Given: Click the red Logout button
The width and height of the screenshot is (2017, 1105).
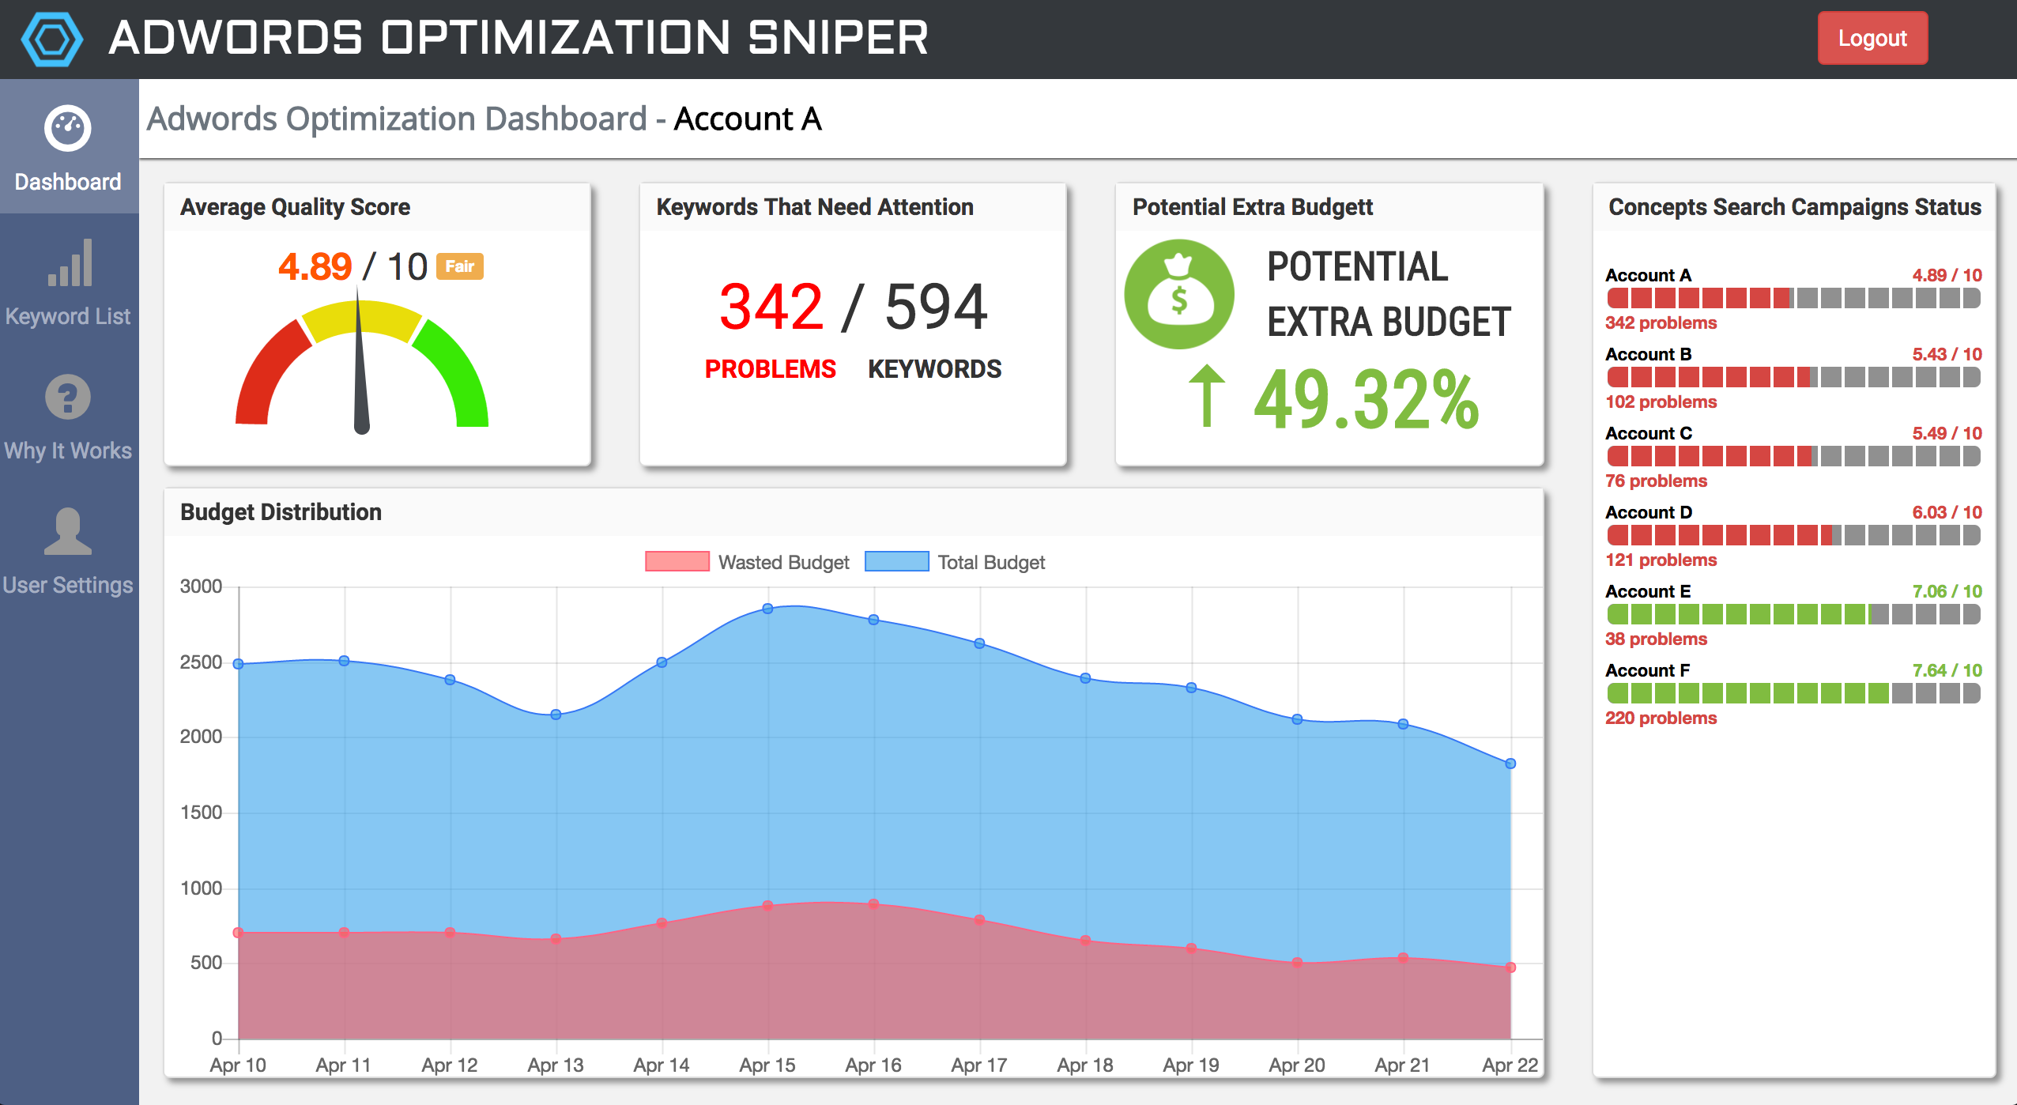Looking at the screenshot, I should click(x=1872, y=38).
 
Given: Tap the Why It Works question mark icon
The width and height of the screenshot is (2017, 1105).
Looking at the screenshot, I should click(x=68, y=397).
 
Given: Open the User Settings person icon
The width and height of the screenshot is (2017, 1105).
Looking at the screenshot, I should click(x=68, y=531).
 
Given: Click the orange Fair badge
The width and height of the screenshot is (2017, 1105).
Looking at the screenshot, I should click(x=459, y=266).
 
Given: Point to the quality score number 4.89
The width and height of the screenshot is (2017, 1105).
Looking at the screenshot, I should click(x=315, y=266).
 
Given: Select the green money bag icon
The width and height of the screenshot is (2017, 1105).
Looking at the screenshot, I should click(x=1178, y=294).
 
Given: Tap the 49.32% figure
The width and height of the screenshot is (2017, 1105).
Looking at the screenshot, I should click(x=1366, y=400).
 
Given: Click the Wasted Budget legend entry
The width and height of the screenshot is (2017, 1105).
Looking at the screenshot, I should click(x=746, y=562).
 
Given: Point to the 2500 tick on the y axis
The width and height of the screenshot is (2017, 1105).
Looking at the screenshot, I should click(x=201, y=662).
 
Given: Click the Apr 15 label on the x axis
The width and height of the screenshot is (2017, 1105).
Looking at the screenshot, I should click(x=767, y=1065).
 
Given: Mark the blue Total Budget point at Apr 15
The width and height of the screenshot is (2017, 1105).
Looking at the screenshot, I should click(x=767, y=609).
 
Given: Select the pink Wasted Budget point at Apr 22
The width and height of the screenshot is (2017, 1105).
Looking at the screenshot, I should click(x=1510, y=967).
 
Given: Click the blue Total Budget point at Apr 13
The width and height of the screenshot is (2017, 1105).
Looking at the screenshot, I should click(x=556, y=715).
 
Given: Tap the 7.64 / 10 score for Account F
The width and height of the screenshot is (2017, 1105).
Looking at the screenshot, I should click(x=1946, y=670).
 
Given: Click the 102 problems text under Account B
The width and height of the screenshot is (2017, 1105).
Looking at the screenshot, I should click(x=1661, y=402).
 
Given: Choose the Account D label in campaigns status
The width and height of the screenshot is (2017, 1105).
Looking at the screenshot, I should click(x=1649, y=512).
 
